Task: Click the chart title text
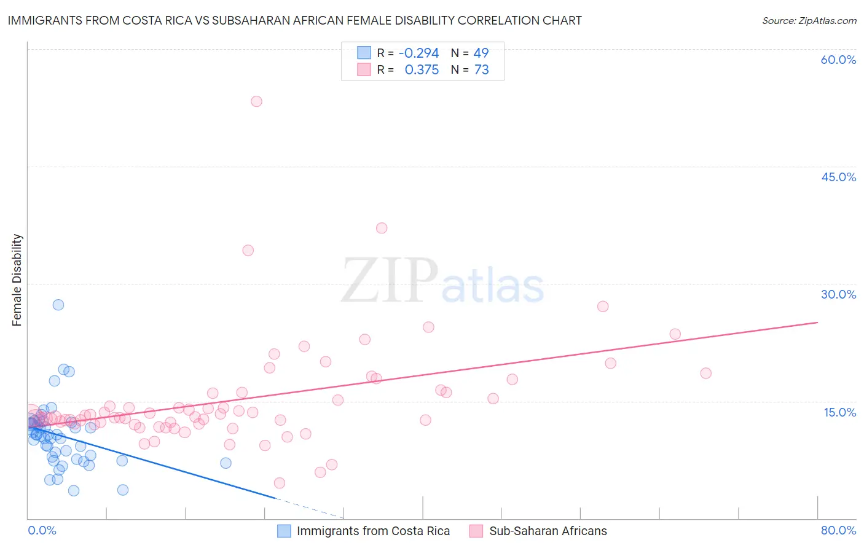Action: [x=294, y=20]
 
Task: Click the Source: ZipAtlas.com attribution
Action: [x=809, y=20]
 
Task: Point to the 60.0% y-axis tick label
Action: [x=838, y=60]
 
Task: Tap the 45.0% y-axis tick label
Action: [x=838, y=177]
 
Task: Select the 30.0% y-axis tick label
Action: [x=838, y=294]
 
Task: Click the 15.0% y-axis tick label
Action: [x=839, y=412]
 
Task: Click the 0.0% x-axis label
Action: [x=42, y=530]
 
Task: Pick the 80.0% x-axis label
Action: [x=838, y=530]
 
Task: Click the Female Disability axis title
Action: [x=17, y=280]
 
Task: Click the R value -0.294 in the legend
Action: [x=418, y=53]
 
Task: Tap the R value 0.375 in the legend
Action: [x=422, y=70]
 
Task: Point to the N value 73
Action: [x=481, y=70]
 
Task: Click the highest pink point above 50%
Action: [x=256, y=101]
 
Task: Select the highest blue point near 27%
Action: [x=58, y=305]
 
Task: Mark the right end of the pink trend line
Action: [x=817, y=322]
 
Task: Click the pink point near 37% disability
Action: [x=382, y=228]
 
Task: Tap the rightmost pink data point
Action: [x=705, y=373]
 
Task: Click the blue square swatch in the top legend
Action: [x=364, y=53]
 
